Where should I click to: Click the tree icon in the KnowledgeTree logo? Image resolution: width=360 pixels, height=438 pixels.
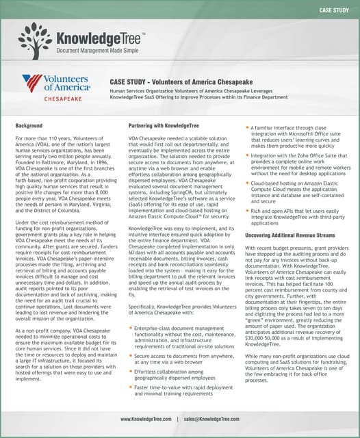point(36,40)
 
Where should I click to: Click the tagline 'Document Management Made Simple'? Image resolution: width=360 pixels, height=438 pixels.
point(97,51)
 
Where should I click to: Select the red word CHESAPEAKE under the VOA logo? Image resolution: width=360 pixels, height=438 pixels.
point(64,98)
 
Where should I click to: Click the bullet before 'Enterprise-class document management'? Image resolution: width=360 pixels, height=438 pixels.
point(131,329)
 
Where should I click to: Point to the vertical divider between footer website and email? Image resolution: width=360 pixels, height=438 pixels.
point(177,418)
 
